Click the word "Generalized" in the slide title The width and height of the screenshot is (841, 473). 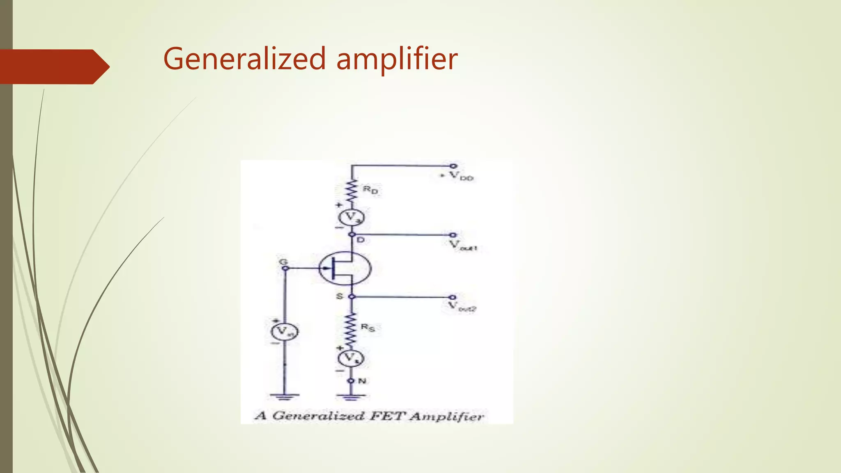coord(245,59)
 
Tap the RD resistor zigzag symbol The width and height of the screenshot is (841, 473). coord(351,191)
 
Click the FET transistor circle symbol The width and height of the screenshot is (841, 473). coord(345,268)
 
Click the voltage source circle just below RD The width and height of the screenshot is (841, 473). coord(351,218)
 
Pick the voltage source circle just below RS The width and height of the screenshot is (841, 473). coord(351,358)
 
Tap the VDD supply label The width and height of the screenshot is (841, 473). coord(460,176)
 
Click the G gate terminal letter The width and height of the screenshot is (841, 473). coord(283,262)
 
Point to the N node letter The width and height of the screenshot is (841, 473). coord(362,381)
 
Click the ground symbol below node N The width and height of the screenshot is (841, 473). coord(351,397)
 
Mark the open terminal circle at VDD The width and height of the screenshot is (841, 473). coord(453,166)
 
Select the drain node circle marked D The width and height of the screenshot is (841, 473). coord(352,234)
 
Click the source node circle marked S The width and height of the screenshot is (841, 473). coord(352,296)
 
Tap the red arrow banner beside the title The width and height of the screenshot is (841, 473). coord(53,67)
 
